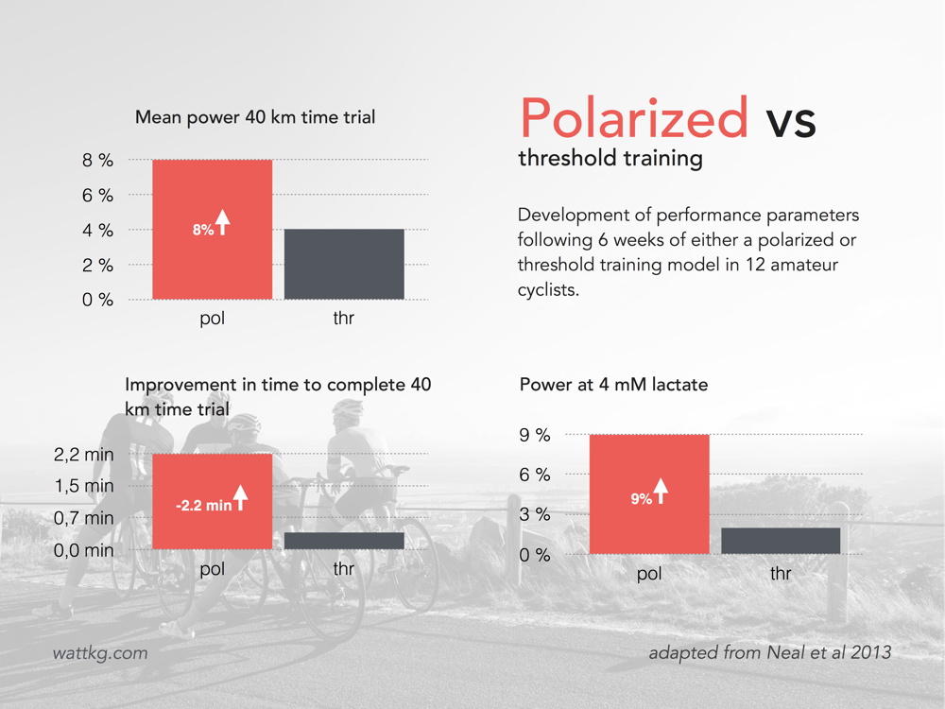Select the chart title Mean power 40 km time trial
(255, 117)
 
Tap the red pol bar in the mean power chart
(212, 229)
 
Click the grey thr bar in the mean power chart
(344, 264)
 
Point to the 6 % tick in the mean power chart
(97, 196)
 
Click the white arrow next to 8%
(223, 222)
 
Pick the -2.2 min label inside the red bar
(204, 505)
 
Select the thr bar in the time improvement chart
(344, 541)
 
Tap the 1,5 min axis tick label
(84, 486)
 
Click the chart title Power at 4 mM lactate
(613, 385)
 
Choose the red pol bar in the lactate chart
(649, 493)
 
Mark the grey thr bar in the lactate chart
(781, 541)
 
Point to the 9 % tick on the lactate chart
(535, 435)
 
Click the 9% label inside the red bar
(642, 498)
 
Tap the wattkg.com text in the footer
(100, 653)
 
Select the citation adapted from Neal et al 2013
(769, 652)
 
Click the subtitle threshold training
(610, 158)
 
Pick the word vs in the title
(791, 121)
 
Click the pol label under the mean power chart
(212, 319)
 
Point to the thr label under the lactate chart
(781, 573)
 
